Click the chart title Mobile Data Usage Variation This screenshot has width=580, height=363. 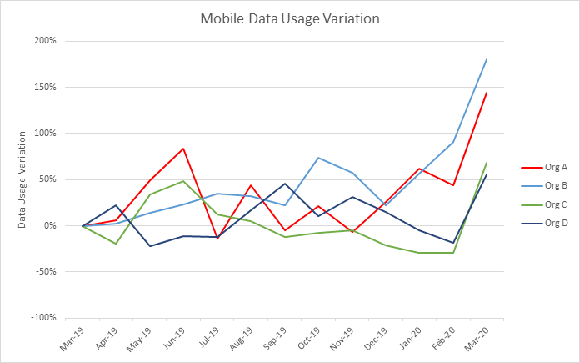(289, 18)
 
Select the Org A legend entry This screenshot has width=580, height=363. (549, 168)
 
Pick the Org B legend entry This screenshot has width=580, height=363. (549, 186)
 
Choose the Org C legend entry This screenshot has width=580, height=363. (549, 204)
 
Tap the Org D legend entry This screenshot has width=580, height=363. (549, 223)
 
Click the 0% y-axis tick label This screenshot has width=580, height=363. (50, 225)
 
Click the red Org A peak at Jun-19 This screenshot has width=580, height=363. (183, 149)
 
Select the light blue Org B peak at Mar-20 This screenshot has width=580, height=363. (487, 59)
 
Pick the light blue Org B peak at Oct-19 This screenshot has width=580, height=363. (318, 158)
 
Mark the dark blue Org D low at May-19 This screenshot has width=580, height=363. (150, 246)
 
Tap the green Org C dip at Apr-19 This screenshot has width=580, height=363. (117, 244)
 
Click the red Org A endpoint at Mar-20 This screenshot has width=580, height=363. (487, 93)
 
